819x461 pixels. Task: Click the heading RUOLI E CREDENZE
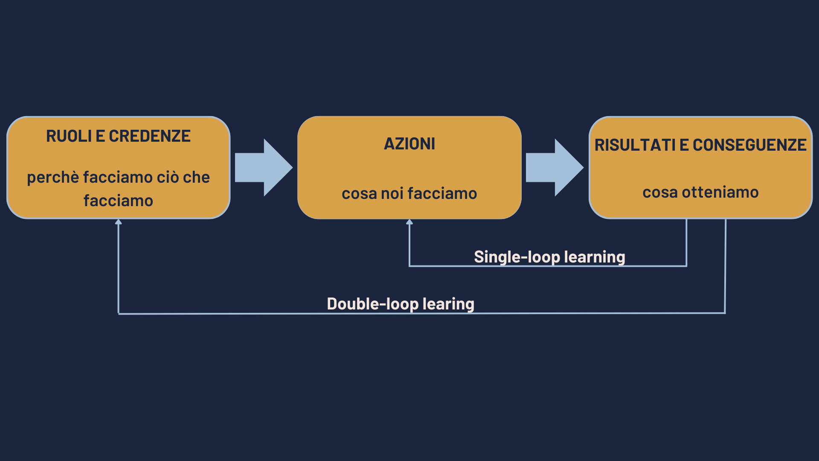pyautogui.click(x=118, y=136)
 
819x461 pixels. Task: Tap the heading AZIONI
pyautogui.click(x=409, y=144)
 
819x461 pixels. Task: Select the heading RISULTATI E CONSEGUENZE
pyautogui.click(x=700, y=145)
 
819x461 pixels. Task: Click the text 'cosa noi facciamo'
pyautogui.click(x=409, y=194)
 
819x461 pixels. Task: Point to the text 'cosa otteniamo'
pyautogui.click(x=700, y=193)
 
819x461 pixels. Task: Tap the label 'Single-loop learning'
pyautogui.click(x=549, y=257)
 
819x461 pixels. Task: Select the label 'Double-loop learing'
pyautogui.click(x=401, y=304)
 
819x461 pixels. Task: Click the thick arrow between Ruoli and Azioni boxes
pyautogui.click(x=264, y=168)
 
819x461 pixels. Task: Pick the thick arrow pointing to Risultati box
pyautogui.click(x=555, y=168)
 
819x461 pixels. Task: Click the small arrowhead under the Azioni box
pyautogui.click(x=409, y=222)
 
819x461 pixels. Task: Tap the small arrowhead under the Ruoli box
pyautogui.click(x=119, y=222)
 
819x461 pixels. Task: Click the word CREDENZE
pyautogui.click(x=150, y=136)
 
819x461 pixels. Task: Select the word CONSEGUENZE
pyautogui.click(x=749, y=145)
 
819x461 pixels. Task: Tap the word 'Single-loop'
pyautogui.click(x=517, y=257)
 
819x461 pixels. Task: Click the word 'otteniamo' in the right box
pyautogui.click(x=720, y=193)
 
